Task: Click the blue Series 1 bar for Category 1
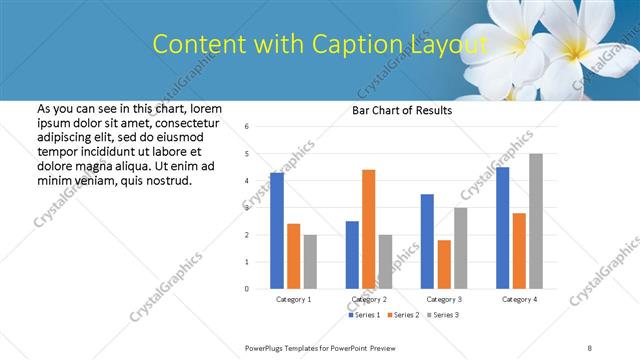(277, 230)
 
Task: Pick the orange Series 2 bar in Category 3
(444, 264)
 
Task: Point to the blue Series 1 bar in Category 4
(502, 227)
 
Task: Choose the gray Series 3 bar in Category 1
(310, 261)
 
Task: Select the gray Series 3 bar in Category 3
(460, 247)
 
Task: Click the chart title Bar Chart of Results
(402, 110)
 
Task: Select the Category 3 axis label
(444, 299)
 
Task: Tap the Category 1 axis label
(293, 299)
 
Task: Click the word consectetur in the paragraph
(183, 122)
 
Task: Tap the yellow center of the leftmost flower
(523, 38)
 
